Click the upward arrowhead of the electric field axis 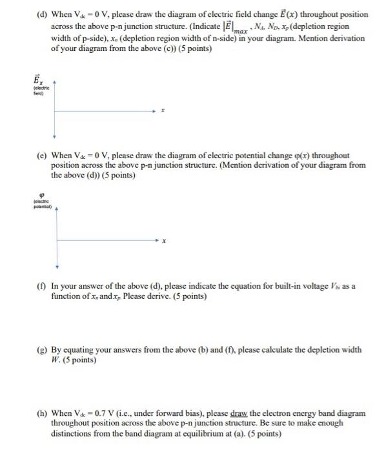tap(55, 83)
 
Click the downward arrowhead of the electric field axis tap(55, 137)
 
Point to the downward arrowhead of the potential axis tap(57, 266)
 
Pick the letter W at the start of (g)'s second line tap(54, 360)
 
